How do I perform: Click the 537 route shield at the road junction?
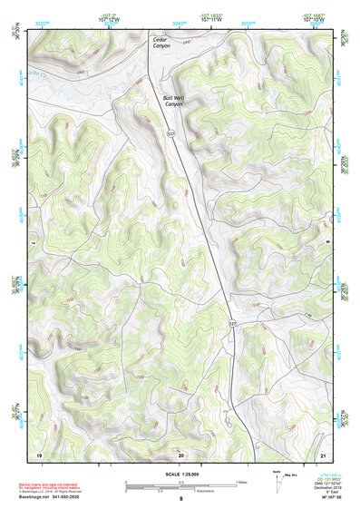(232, 324)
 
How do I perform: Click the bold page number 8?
(180, 499)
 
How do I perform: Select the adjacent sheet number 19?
(39, 454)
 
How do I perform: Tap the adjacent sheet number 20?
(180, 454)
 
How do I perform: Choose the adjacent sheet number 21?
(324, 454)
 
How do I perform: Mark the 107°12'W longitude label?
(109, 18)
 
